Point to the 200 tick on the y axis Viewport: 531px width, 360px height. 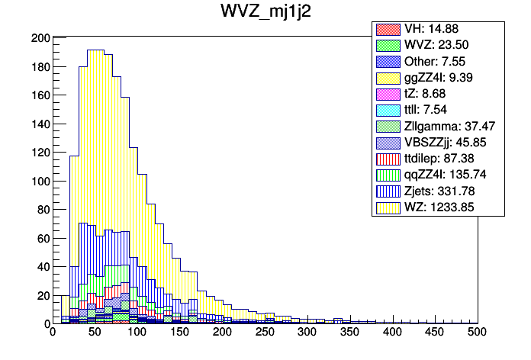40,38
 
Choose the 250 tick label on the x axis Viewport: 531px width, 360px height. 265,333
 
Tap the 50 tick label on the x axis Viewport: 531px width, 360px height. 95,333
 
